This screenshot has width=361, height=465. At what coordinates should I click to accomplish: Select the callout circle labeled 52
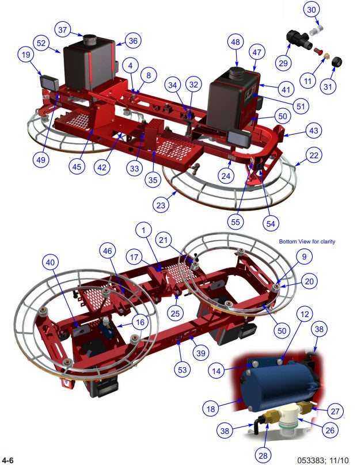pyautogui.click(x=41, y=43)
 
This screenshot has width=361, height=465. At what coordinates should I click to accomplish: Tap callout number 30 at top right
pyautogui.click(x=311, y=10)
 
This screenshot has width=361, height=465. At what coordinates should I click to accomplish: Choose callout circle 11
pyautogui.click(x=308, y=81)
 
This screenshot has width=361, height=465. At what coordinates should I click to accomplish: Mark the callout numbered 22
pyautogui.click(x=314, y=155)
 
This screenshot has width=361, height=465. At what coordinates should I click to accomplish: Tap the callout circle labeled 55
pyautogui.click(x=236, y=221)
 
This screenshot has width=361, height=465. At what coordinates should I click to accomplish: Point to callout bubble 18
pyautogui.click(x=212, y=408)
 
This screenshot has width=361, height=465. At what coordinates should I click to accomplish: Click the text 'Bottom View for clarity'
pyautogui.click(x=306, y=242)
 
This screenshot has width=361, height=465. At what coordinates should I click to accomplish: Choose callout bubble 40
pyautogui.click(x=51, y=263)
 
